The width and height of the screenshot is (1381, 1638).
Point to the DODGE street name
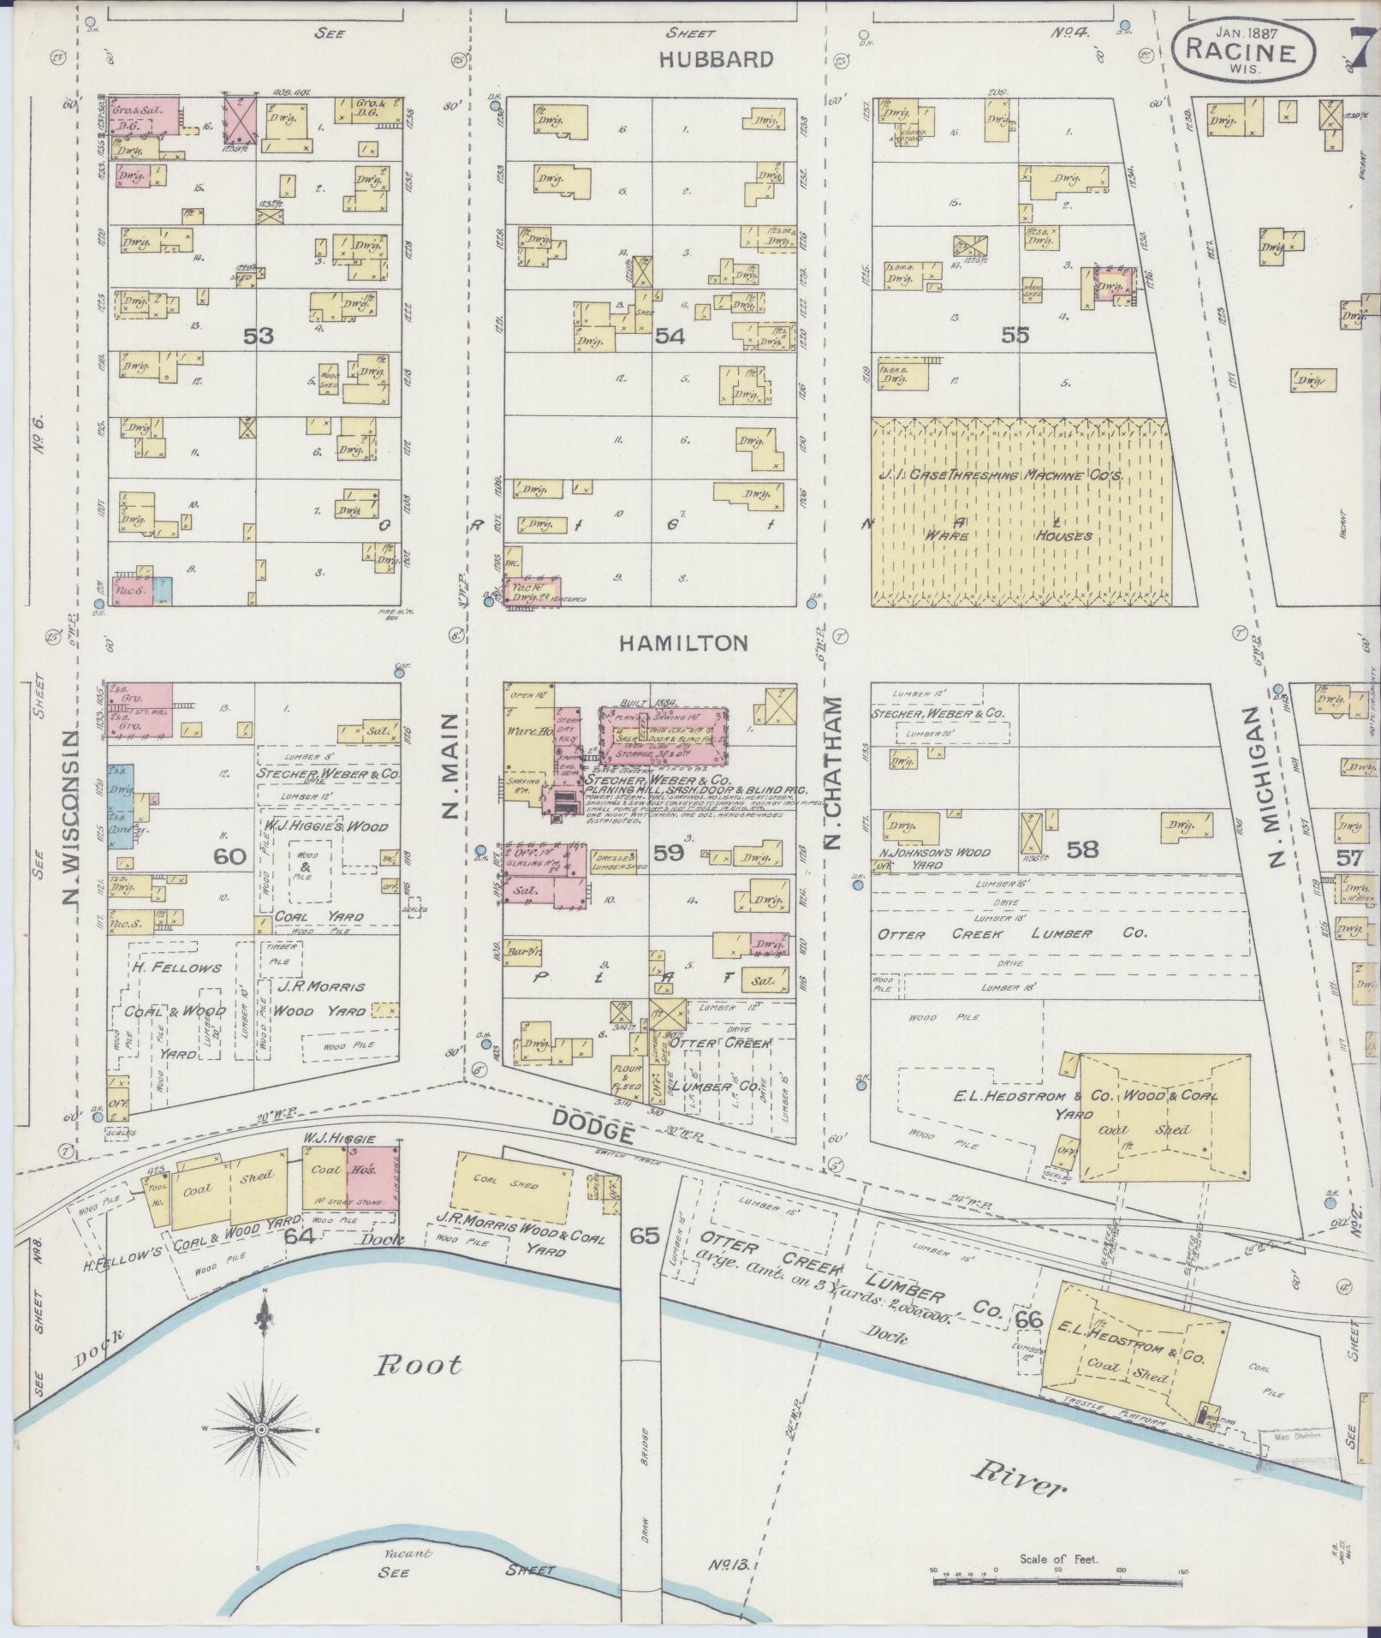coord(594,1127)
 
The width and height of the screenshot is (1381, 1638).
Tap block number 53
coord(258,337)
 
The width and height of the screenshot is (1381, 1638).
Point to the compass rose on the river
coord(261,1430)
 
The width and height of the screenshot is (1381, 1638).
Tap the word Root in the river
coord(420,1364)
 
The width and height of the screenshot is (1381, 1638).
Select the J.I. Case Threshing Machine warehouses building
coord(1021,511)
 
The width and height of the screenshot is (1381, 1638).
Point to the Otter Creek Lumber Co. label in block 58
coord(1010,933)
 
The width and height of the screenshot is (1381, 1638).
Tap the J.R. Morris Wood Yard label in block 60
coord(321,998)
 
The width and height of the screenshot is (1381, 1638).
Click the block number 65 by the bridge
coord(644,1236)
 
